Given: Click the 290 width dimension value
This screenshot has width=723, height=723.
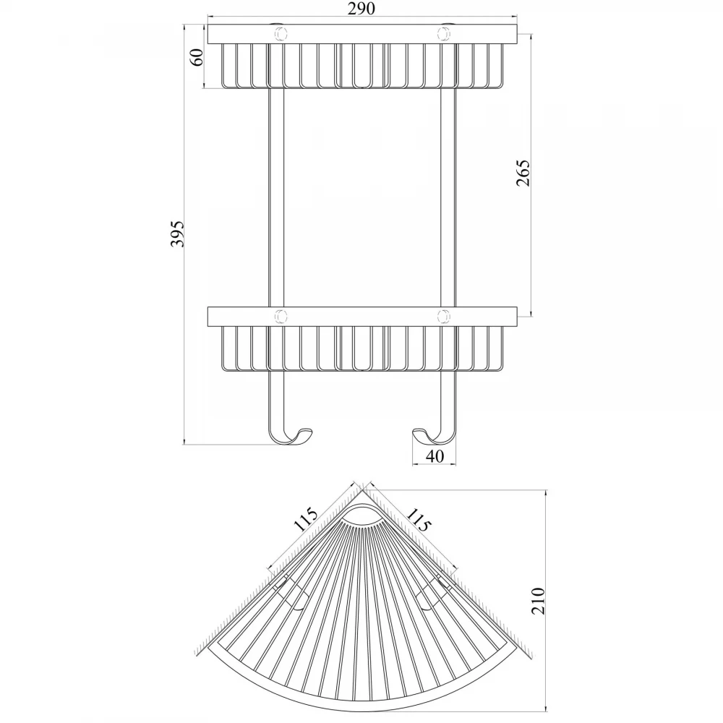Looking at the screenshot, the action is tap(361, 9).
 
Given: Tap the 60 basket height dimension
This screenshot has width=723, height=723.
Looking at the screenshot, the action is tap(197, 57).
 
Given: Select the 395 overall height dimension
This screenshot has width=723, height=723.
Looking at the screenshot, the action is tap(178, 234).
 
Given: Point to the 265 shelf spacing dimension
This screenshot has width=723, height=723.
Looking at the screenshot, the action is tap(523, 173).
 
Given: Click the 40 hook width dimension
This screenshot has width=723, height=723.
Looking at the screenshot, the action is tap(435, 456).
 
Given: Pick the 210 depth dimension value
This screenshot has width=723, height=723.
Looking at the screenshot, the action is tap(538, 601).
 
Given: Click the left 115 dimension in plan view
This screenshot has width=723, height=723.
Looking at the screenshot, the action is tap(306, 520).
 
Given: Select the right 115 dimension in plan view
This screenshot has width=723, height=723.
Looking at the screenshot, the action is tap(419, 520).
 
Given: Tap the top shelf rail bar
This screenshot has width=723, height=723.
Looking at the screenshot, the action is tap(362, 34).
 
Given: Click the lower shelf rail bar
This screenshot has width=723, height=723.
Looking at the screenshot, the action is tap(362, 317).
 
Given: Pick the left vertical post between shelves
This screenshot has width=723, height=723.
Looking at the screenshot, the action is tap(276, 197).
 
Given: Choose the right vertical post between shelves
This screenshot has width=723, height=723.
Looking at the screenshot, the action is tap(448, 197).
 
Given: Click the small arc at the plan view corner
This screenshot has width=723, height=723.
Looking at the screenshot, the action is tap(362, 508).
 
